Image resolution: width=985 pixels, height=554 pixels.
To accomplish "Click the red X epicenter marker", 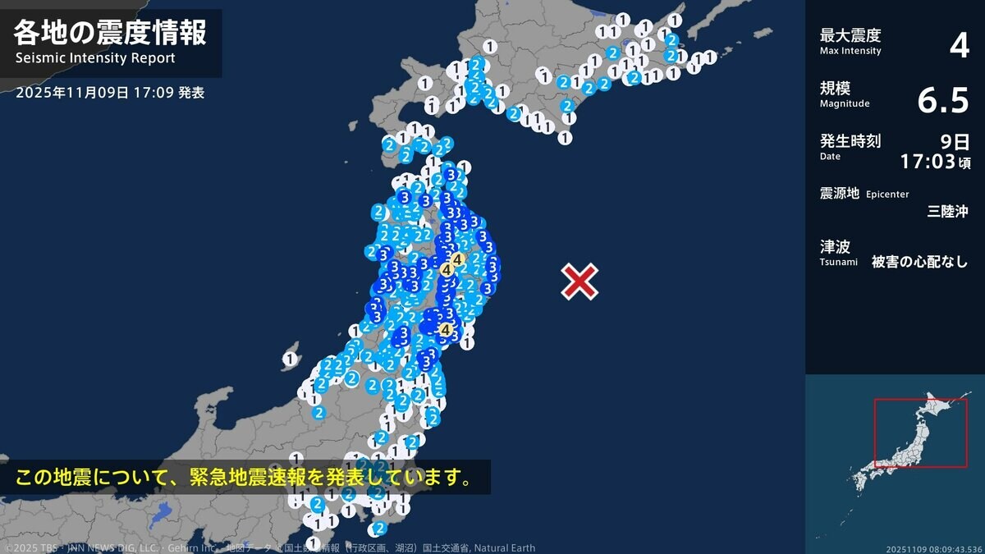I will pyautogui.click(x=580, y=282).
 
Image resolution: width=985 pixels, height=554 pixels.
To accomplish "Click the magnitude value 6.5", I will pyautogui.click(x=943, y=101).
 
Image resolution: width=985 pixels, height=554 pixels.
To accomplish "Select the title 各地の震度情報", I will pyautogui.click(x=110, y=32).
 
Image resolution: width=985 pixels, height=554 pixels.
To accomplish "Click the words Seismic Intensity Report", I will pyautogui.click(x=95, y=58).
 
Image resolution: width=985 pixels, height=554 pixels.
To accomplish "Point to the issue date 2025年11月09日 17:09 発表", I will pyautogui.click(x=110, y=93).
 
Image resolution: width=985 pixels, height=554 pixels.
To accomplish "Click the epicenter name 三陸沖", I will pyautogui.click(x=947, y=211).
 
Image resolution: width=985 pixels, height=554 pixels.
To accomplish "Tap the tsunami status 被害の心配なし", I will pyautogui.click(x=919, y=262).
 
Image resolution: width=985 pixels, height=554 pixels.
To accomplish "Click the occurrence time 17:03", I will pyautogui.click(x=928, y=161).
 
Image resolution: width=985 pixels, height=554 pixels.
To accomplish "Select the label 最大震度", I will pyautogui.click(x=850, y=35).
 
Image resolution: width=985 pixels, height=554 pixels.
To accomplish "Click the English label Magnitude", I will pyautogui.click(x=845, y=103).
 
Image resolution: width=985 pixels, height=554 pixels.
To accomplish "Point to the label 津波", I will pyautogui.click(x=835, y=246).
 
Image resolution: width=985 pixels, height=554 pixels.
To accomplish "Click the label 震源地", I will pyautogui.click(x=839, y=193).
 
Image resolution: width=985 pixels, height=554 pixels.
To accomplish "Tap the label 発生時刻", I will pyautogui.click(x=850, y=140).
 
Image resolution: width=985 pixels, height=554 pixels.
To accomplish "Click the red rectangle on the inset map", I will pyautogui.click(x=920, y=433).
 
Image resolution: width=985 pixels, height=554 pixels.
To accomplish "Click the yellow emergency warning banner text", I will pyautogui.click(x=244, y=477).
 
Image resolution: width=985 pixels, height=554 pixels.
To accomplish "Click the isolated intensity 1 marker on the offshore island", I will pyautogui.click(x=290, y=359).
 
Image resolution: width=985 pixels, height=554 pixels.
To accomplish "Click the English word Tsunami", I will pyautogui.click(x=838, y=262).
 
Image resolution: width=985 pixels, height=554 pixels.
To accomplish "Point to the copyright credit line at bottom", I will pyautogui.click(x=270, y=547).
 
